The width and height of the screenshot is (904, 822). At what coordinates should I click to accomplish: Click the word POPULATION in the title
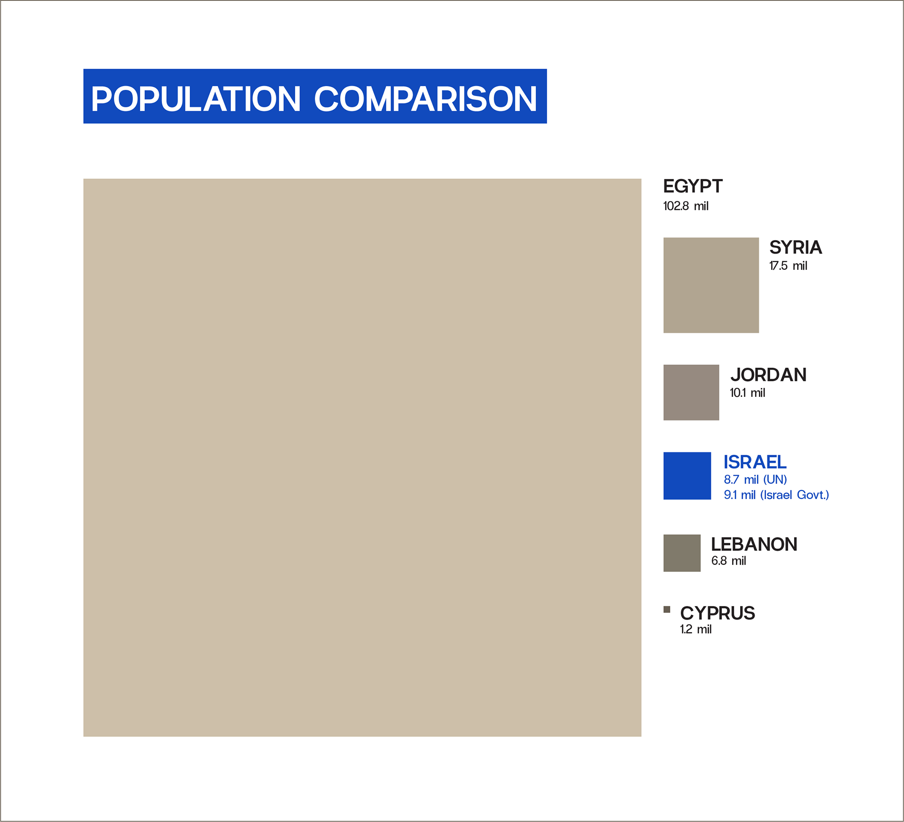[196, 99]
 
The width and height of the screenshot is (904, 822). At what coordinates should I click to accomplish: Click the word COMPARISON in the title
[426, 99]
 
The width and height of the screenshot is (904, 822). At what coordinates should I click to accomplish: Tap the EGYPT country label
[693, 186]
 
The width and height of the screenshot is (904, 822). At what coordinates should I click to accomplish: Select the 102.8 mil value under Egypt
[686, 206]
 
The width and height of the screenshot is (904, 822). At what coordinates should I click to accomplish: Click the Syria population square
[711, 285]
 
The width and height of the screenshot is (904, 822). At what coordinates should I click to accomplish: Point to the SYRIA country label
[796, 247]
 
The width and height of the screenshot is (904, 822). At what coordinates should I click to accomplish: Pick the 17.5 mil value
[788, 266]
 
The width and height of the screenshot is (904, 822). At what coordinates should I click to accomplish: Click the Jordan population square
[691, 393]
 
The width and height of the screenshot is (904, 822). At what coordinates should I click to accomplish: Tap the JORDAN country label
[768, 375]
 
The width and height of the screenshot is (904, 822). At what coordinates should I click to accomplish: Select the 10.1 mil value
[747, 393]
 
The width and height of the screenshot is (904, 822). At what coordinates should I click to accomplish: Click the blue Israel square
[687, 476]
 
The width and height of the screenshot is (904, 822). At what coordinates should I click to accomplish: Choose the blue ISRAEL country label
[755, 462]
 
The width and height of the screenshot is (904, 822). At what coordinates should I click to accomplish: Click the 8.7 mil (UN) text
[755, 480]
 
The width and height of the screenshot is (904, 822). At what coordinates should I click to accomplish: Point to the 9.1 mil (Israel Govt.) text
[776, 495]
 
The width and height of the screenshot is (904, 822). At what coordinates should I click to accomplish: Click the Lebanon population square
[682, 553]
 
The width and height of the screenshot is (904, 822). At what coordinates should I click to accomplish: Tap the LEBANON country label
[754, 544]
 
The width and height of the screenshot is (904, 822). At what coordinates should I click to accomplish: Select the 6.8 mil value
[728, 561]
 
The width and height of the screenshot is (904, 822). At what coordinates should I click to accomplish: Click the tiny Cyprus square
[667, 610]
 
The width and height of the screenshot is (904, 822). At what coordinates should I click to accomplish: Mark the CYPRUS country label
[718, 613]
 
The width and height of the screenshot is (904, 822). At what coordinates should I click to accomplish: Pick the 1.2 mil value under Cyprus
[695, 629]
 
